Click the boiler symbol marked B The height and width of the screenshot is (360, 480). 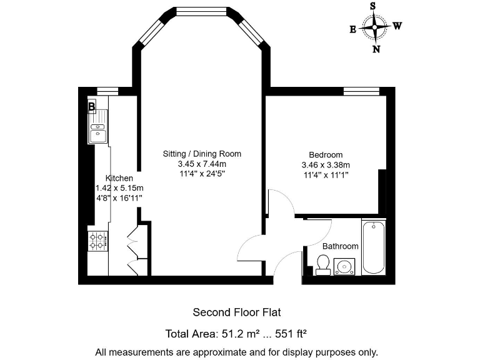92,107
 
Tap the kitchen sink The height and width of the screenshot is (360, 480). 98,132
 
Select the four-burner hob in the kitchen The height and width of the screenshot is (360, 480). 97,241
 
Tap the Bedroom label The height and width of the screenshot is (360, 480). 326,155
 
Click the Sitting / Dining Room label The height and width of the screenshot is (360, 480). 202,154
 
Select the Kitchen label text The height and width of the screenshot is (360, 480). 119,178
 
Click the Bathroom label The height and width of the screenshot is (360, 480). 340,246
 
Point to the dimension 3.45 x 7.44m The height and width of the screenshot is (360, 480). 202,164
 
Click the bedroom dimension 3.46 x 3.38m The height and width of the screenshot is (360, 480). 326,165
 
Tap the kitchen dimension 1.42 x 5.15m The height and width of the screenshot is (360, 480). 119,188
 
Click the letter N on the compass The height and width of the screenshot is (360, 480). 376,50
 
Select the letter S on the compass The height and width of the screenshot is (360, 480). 373,6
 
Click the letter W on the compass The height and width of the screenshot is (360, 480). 397,26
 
